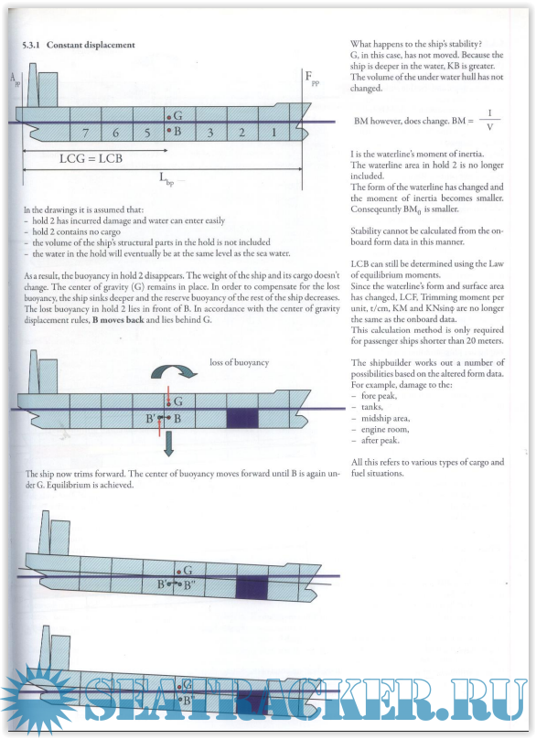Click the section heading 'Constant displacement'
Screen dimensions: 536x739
91,45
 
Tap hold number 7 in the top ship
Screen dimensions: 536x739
85,133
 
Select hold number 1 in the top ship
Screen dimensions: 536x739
273,133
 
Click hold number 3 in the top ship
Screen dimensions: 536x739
210,133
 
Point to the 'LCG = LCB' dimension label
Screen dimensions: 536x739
91,158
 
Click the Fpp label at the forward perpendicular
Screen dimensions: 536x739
312,78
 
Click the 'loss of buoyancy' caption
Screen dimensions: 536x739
239,362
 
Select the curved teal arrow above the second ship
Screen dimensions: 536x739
174,370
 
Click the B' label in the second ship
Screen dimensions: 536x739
151,419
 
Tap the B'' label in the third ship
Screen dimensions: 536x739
190,586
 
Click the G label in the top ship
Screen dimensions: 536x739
177,115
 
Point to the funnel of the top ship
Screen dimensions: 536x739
33,85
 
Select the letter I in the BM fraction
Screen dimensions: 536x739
489,113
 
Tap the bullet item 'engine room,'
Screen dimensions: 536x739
385,429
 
